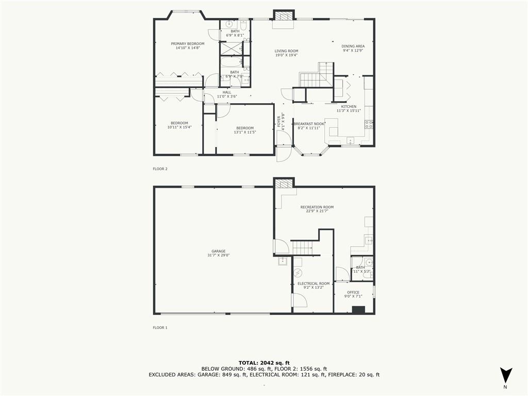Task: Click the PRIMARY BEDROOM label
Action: pyautogui.click(x=188, y=44)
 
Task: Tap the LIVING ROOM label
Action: pyautogui.click(x=286, y=51)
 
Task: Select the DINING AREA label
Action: pyautogui.click(x=353, y=46)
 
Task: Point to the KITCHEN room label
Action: pyautogui.click(x=349, y=107)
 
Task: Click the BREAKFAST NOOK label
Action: pyautogui.click(x=309, y=124)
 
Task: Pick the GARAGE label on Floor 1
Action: pyautogui.click(x=218, y=251)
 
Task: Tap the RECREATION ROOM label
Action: pyautogui.click(x=317, y=207)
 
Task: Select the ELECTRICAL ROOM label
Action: pyautogui.click(x=313, y=284)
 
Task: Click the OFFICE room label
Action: pyautogui.click(x=353, y=292)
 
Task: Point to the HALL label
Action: pyautogui.click(x=227, y=92)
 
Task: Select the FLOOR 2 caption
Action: pyautogui.click(x=160, y=169)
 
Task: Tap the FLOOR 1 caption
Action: pyautogui.click(x=160, y=327)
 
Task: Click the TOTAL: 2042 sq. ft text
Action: pyautogui.click(x=263, y=362)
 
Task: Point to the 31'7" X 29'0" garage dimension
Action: pyautogui.click(x=218, y=255)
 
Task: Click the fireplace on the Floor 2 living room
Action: pyautogui.click(x=283, y=16)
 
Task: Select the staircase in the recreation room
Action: pyautogui.click(x=303, y=248)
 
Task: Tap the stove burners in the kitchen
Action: pyautogui.click(x=369, y=124)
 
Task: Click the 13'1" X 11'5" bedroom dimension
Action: pyautogui.click(x=245, y=132)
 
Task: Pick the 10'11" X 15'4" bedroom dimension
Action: pyautogui.click(x=179, y=127)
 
